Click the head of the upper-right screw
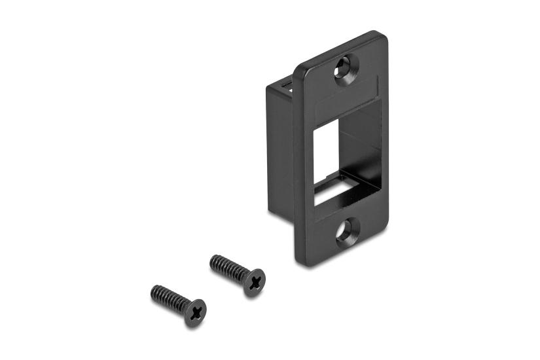coord(253,282)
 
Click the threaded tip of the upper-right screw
coord(213,260)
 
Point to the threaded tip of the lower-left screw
coord(154,290)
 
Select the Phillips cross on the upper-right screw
coord(254,282)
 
